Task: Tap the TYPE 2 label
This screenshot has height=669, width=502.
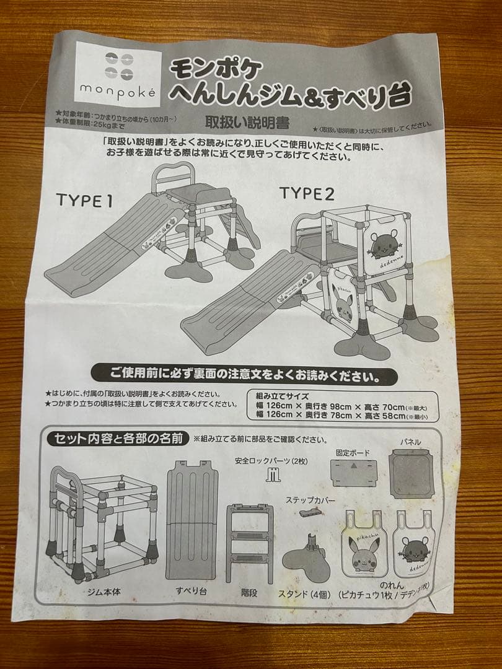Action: click(x=306, y=193)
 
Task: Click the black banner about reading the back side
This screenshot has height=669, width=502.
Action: click(x=245, y=375)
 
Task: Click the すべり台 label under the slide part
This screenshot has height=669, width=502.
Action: click(x=192, y=591)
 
